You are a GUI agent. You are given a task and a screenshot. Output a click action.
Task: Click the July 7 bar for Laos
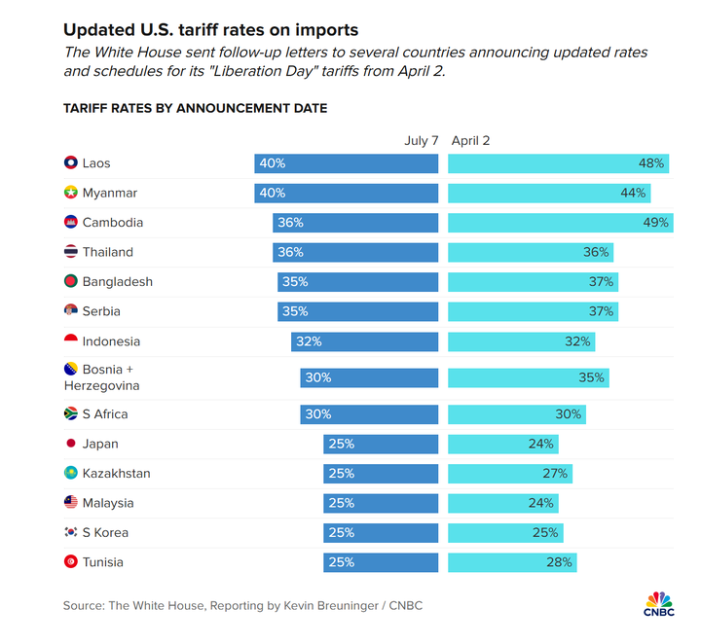tap(347, 163)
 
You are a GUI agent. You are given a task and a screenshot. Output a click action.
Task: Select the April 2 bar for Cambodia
tap(560, 223)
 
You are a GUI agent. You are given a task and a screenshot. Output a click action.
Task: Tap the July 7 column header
tap(422, 141)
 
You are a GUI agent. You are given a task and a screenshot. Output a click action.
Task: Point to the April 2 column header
tap(471, 141)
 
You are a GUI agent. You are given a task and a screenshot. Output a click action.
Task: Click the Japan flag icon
tap(70, 444)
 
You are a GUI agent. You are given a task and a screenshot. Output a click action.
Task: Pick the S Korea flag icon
tap(70, 533)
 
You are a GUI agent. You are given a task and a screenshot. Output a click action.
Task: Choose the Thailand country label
tap(107, 252)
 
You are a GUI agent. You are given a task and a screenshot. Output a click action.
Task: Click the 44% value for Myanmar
tap(633, 194)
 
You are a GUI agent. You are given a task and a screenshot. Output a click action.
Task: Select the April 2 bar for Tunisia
tap(512, 562)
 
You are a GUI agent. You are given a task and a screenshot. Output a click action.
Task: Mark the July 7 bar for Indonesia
tap(364, 341)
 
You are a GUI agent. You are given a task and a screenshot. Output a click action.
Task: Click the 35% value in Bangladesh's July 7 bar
tap(293, 282)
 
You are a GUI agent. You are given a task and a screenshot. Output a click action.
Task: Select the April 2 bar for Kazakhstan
tap(509, 474)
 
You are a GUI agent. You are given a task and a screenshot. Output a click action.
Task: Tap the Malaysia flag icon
tap(70, 503)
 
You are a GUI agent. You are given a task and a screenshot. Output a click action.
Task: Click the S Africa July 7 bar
tap(369, 414)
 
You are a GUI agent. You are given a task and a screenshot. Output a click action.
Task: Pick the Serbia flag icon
tap(70, 311)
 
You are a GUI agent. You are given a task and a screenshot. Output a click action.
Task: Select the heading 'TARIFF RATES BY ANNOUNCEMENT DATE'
tap(196, 108)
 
